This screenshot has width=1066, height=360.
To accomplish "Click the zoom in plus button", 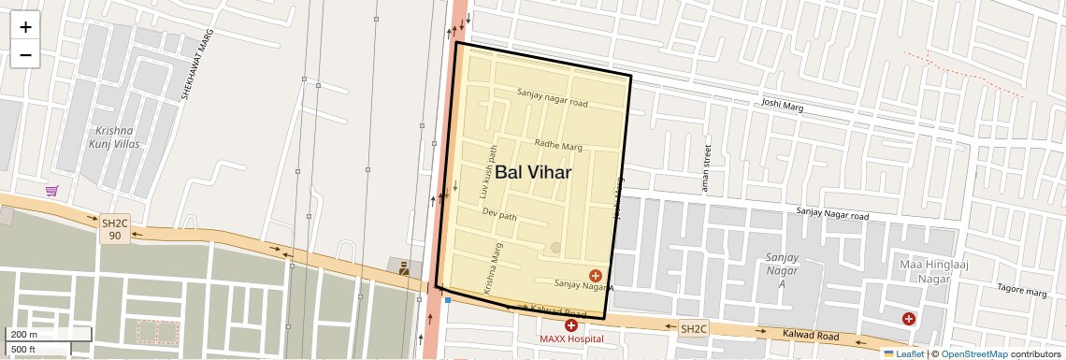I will click(25, 27).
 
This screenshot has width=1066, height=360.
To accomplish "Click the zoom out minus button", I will click(25, 55).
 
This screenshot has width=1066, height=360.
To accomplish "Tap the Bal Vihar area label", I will click(533, 172).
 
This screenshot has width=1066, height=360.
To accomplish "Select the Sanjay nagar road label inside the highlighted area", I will click(553, 97).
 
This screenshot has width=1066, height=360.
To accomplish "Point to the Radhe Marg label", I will click(558, 145).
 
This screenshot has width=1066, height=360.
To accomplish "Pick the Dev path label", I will click(499, 214).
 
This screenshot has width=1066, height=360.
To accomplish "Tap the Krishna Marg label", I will click(493, 269).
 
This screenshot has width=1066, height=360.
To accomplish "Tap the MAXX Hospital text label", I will click(571, 338).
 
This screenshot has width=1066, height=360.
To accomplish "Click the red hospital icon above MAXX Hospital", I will click(571, 324).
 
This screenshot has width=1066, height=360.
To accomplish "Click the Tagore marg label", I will click(1022, 291).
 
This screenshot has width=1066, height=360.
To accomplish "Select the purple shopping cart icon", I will click(52, 191).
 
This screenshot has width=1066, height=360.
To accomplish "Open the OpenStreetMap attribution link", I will click(973, 353).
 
